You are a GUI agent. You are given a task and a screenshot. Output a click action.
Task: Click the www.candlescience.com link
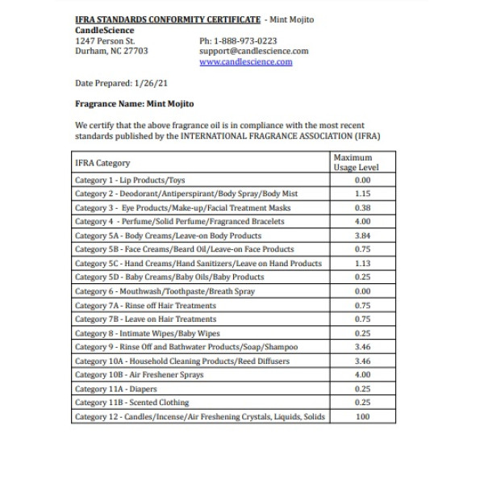point(245,61)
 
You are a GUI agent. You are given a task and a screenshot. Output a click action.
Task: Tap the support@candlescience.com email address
point(253,51)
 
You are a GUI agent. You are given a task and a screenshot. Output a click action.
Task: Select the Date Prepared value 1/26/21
point(148,83)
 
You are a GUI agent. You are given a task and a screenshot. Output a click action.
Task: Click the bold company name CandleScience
point(105,30)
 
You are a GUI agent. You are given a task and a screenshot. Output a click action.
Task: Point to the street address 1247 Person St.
point(105,40)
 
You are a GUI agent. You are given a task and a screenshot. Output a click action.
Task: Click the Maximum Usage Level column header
point(356,162)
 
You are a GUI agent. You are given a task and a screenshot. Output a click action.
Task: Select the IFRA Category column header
point(102,163)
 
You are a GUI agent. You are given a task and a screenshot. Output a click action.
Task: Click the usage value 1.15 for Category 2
point(362,194)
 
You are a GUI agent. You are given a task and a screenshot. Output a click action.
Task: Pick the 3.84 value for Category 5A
point(362,236)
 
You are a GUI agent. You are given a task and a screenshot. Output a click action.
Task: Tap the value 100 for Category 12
point(362,416)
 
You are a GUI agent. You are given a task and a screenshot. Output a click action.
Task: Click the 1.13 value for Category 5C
point(362,263)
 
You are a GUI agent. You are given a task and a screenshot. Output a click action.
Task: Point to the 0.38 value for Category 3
point(362,207)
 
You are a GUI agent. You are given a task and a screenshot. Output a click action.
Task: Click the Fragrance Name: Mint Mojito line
point(134,104)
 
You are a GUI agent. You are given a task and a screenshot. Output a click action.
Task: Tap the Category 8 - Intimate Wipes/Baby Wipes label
point(147,333)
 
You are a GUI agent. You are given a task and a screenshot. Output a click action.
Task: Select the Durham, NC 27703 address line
point(111,51)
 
